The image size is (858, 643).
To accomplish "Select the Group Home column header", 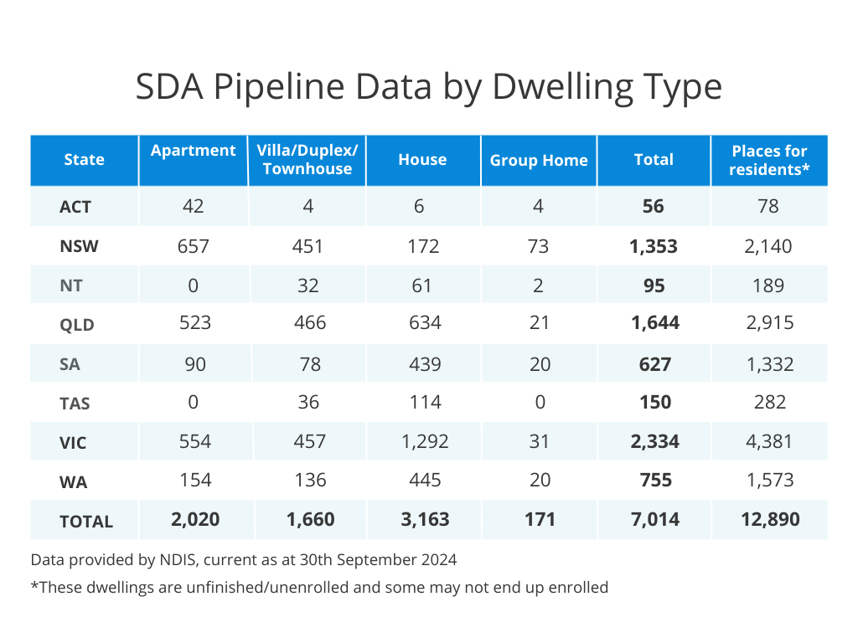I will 539,160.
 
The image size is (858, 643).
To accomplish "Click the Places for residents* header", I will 768,160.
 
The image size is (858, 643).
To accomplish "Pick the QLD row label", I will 76,325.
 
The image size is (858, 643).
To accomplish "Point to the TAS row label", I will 75,403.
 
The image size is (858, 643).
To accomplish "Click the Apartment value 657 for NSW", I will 193,246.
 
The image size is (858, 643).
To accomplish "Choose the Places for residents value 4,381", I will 768,440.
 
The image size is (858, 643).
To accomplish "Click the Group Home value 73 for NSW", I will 539,246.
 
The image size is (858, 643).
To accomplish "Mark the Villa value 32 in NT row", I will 308,285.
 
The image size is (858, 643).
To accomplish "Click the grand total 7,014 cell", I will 654,519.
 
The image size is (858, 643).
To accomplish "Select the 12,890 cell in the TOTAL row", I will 768,519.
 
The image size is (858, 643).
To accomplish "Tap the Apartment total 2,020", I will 194,519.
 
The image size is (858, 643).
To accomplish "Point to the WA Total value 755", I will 654,480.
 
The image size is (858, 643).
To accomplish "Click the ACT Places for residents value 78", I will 768,206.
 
